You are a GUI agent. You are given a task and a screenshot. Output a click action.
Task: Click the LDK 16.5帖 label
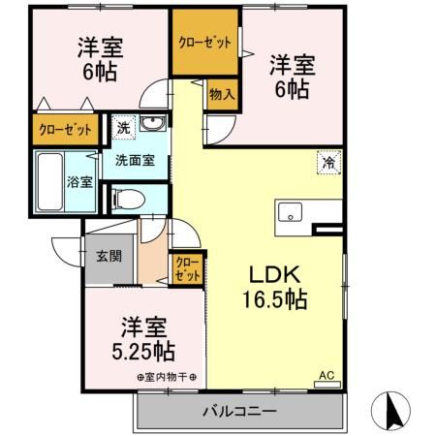274,287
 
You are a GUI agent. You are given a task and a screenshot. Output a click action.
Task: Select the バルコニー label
239,411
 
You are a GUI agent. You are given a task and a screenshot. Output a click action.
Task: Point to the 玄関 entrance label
109,257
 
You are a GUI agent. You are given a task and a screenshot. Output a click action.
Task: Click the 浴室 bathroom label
78,180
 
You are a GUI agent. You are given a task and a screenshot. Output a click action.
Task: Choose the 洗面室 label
136,161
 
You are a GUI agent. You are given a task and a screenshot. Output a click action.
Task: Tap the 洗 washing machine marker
123,125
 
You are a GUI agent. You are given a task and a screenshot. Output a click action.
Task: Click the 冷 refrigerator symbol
329,163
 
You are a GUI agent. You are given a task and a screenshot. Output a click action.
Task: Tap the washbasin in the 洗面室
152,126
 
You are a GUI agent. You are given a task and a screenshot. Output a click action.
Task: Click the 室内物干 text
166,377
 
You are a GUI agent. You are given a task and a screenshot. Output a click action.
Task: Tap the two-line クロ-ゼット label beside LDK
187,268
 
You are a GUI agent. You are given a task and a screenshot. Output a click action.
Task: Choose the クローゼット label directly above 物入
204,42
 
